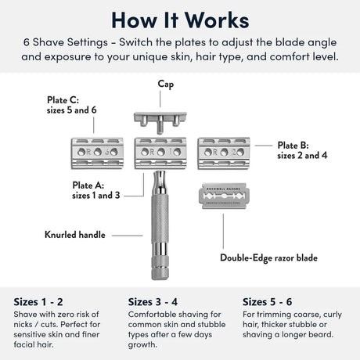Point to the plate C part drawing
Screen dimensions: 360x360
coord(98,151)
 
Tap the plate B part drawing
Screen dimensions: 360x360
coord(224,151)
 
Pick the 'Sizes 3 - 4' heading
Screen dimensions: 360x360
coord(154,301)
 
